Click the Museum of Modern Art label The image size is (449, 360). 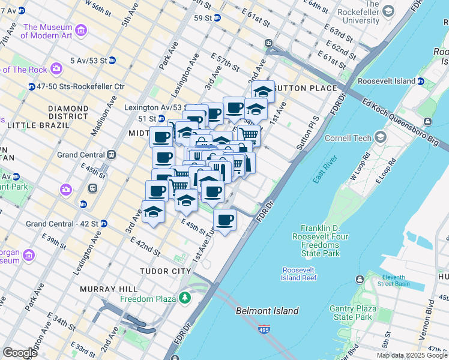click(x=47, y=31)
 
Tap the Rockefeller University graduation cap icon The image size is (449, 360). click(x=388, y=11)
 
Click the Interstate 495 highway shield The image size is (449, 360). click(x=265, y=329)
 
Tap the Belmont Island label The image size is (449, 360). click(x=267, y=311)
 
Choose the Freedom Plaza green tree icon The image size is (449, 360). click(x=185, y=298)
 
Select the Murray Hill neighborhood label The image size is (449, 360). click(x=107, y=289)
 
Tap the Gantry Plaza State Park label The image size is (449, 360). click(x=351, y=313)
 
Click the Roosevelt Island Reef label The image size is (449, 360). click(x=299, y=274)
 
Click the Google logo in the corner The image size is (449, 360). click(x=20, y=352)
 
